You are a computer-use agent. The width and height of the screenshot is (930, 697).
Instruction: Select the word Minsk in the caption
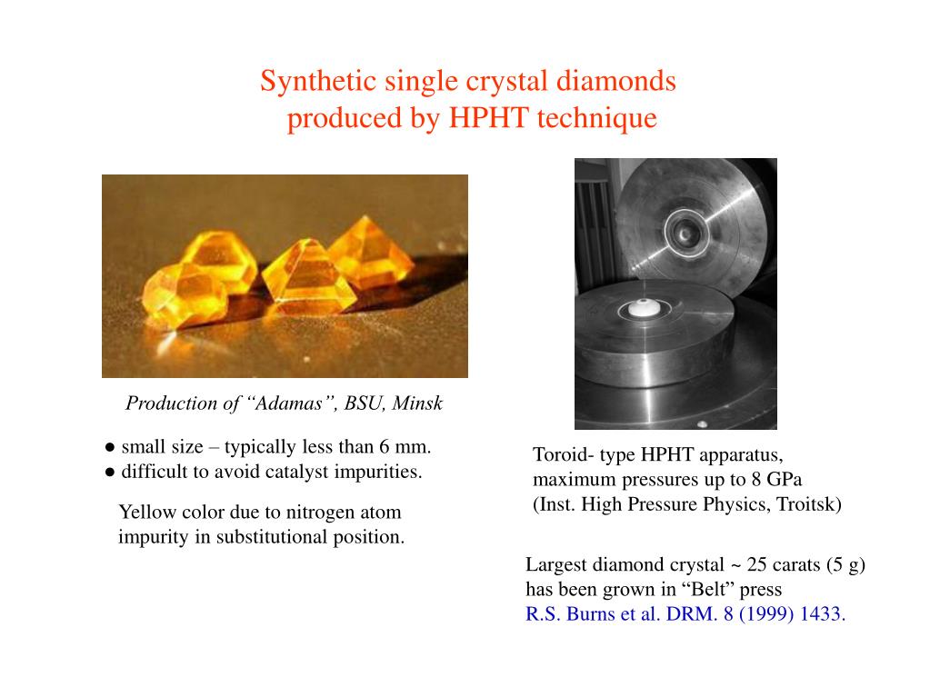pos(417,403)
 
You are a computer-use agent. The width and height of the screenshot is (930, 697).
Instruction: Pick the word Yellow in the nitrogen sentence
pos(145,513)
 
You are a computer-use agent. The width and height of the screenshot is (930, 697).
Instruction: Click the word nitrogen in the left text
pos(314,513)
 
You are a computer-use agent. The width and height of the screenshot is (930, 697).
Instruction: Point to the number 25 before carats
pos(757,565)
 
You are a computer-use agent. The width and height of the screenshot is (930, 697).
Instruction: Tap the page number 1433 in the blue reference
pos(823,614)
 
